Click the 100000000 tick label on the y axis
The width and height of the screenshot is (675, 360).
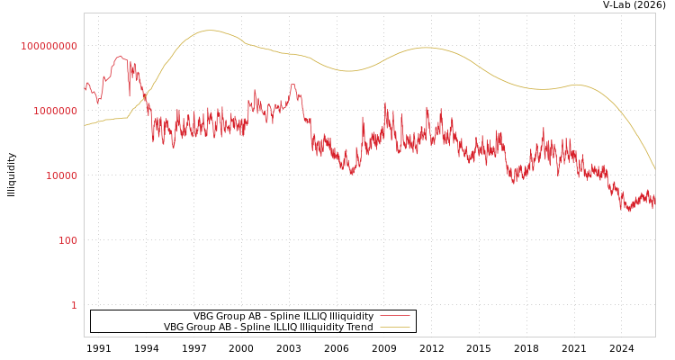pyautogui.click(x=49, y=46)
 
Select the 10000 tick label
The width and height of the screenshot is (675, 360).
pyautogui.click(x=62, y=175)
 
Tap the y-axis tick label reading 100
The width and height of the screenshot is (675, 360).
pyautogui.click(x=68, y=240)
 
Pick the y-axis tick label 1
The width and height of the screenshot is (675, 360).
pyautogui.click(x=74, y=305)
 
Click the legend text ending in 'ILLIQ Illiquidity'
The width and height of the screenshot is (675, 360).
pyautogui.click(x=283, y=316)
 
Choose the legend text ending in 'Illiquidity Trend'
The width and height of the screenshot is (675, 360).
pyautogui.click(x=268, y=327)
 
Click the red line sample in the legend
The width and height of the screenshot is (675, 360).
pyautogui.click(x=394, y=316)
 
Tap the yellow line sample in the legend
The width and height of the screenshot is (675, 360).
pyautogui.click(x=394, y=327)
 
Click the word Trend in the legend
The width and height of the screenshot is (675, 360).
pyautogui.click(x=359, y=327)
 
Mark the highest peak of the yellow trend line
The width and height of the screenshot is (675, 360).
pyautogui.click(x=210, y=31)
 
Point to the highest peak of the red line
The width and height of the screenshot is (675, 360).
pyautogui.click(x=121, y=56)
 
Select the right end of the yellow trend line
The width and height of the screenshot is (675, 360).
pyautogui.click(x=654, y=168)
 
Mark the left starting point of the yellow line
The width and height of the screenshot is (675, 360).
pyautogui.click(x=85, y=125)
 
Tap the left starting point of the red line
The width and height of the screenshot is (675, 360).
pyautogui.click(x=85, y=90)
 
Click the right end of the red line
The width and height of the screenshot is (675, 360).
pyautogui.click(x=654, y=203)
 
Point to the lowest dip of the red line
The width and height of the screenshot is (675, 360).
pyautogui.click(x=629, y=211)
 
